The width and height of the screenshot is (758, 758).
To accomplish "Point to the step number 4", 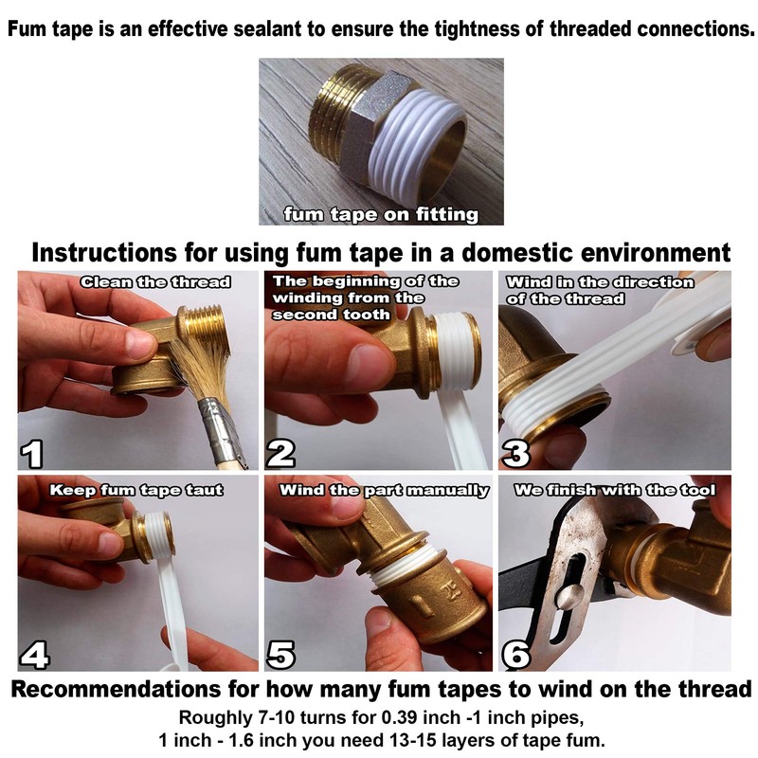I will tap(33, 653).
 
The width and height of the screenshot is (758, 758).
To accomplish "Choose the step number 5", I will tap(281, 653).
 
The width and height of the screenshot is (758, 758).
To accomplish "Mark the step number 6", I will tap(514, 653).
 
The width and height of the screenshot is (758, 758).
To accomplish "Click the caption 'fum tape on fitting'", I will tap(381, 214).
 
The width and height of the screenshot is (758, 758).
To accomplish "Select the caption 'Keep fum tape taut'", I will tap(136, 490).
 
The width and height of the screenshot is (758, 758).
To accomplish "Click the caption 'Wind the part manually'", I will tap(385, 490).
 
